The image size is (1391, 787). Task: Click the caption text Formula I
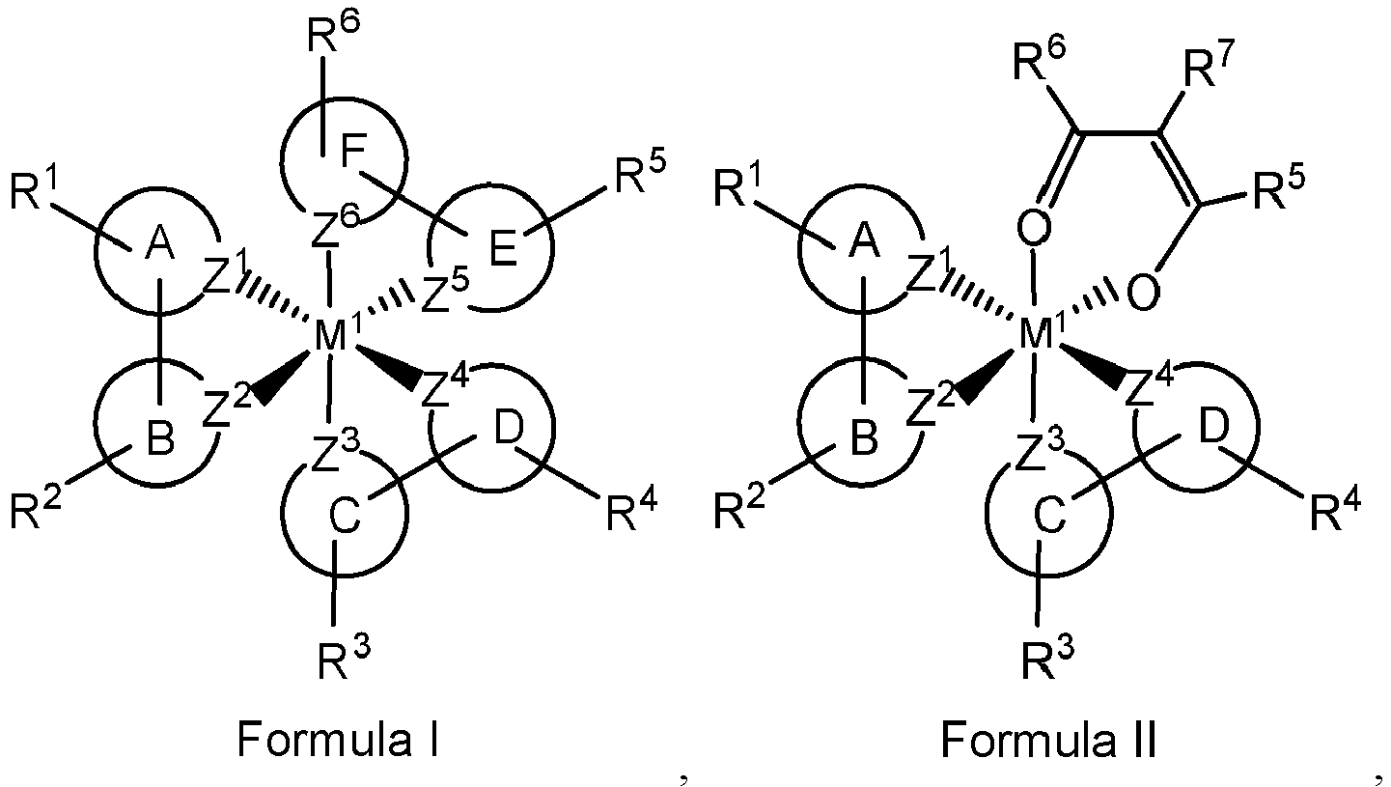pos(339,739)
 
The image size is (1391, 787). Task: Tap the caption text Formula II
pos(1049,739)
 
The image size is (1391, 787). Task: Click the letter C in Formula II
pos(1050,515)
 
